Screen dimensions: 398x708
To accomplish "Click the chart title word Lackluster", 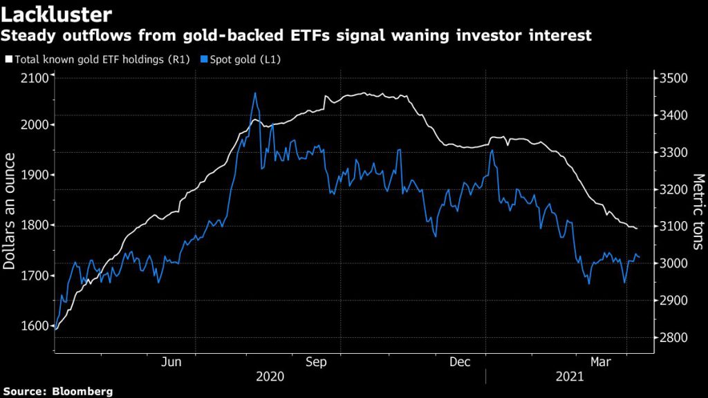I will [57, 14].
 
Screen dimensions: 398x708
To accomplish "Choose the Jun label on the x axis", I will [171, 362].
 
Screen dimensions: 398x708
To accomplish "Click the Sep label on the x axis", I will [316, 362].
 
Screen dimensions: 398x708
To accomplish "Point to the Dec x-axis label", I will [460, 362].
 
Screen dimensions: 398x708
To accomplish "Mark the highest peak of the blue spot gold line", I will [255, 93].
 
